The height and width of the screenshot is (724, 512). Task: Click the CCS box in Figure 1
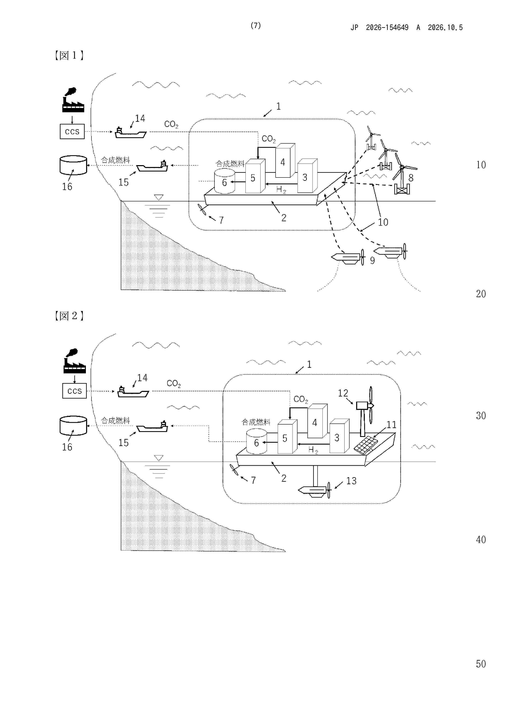(72, 131)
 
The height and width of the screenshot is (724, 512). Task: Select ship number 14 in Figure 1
(130, 133)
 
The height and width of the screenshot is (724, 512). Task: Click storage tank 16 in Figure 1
(73, 165)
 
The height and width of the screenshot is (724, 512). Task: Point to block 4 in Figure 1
(285, 161)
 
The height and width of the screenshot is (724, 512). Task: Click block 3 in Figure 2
(339, 436)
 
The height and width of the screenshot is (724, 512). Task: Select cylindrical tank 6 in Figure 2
(256, 441)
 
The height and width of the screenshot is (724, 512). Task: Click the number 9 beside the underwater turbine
(372, 260)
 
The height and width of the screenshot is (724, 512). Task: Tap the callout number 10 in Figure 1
(383, 222)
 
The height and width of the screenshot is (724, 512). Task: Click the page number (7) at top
(256, 26)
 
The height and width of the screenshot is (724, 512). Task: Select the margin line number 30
(481, 416)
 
